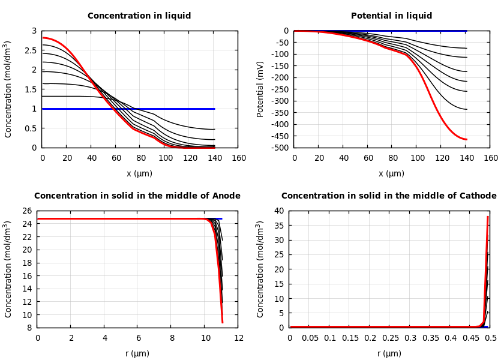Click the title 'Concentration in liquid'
click(139, 16)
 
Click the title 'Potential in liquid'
click(391, 16)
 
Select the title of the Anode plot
click(137, 196)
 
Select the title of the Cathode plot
click(389, 196)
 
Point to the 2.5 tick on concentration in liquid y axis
click(29, 50)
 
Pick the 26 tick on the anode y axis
click(27, 211)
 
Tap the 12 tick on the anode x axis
click(238, 338)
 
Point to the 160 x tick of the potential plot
click(491, 158)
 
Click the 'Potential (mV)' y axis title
click(260, 89)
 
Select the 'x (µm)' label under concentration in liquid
click(139, 174)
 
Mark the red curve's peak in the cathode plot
click(488, 217)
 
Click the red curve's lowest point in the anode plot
click(222, 323)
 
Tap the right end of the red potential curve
click(466, 139)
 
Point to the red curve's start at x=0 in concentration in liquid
click(43, 38)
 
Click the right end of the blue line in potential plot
click(466, 31)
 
